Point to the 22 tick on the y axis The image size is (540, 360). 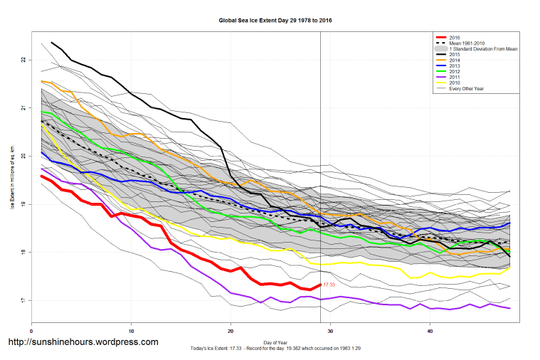[x=24, y=60]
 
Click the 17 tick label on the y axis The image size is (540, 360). [x=24, y=301]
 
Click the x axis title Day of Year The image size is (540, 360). [x=275, y=342]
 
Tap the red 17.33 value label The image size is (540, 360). [x=329, y=285]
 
